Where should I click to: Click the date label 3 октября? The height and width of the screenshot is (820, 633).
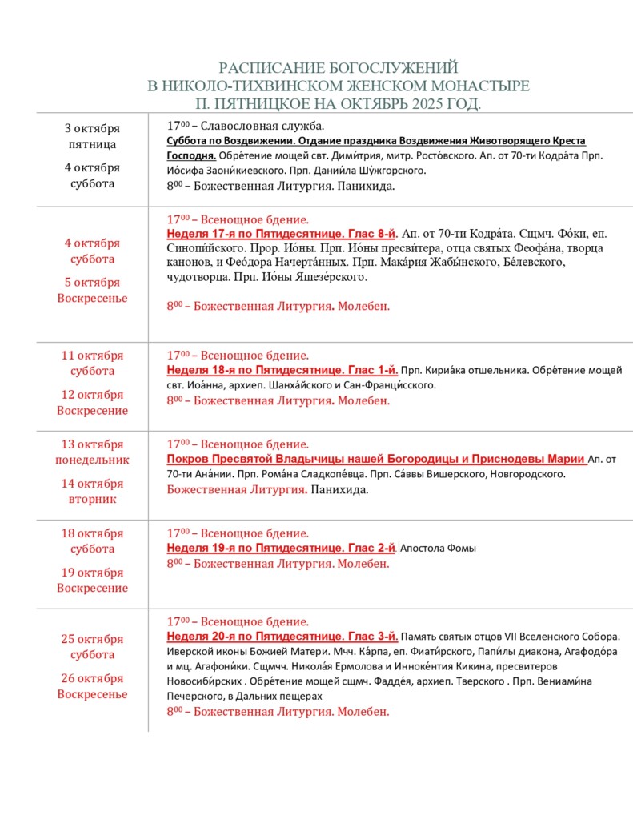tap(92, 129)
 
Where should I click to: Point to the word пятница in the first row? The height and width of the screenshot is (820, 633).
tap(92, 144)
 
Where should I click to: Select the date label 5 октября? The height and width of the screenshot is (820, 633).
tap(92, 283)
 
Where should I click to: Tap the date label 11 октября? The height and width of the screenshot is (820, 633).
tap(92, 356)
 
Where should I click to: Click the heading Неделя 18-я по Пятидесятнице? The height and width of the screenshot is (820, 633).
tap(254, 370)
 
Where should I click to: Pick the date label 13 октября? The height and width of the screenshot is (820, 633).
tap(92, 444)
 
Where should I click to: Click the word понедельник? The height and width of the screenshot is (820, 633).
tap(92, 460)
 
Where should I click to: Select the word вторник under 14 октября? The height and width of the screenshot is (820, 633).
tap(92, 499)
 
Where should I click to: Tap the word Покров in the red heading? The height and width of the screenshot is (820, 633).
tap(190, 459)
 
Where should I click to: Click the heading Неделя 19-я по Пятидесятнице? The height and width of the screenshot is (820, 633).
tap(254, 548)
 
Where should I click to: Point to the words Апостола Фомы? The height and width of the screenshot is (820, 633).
tap(438, 549)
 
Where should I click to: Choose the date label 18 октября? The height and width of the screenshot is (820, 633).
tap(92, 533)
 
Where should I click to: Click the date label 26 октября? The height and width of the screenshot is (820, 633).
tap(92, 678)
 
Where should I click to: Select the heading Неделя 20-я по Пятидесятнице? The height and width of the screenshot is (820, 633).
tap(254, 637)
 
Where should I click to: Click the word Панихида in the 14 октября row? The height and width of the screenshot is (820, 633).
tap(339, 489)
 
